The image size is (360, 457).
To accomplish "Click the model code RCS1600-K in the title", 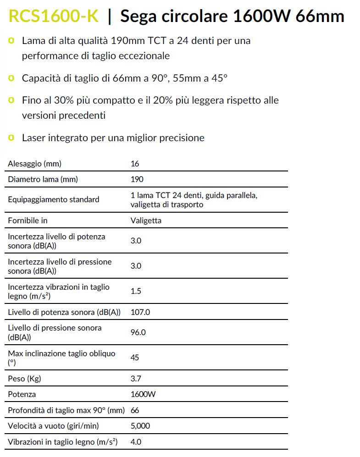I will [x=53, y=17].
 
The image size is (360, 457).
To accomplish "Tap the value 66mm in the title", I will [x=320, y=17].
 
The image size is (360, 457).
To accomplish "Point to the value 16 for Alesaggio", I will [x=134, y=164].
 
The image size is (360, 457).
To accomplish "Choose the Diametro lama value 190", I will [x=137, y=179].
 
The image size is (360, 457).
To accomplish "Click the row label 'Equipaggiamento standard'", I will [x=53, y=200].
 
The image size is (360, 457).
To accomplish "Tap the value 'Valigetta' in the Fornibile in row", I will [x=146, y=220].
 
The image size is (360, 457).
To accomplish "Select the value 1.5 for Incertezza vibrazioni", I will [x=136, y=291].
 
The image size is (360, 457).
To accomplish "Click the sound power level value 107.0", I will [x=140, y=312].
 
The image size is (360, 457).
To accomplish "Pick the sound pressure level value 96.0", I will [x=138, y=332].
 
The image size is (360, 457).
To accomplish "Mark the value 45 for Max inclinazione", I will [x=135, y=358].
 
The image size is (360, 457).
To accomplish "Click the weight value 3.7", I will [x=136, y=379].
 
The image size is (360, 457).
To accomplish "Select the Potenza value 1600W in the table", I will [x=143, y=394].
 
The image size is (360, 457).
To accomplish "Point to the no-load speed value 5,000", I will [x=140, y=426].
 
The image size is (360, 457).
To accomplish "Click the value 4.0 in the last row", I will [x=136, y=442].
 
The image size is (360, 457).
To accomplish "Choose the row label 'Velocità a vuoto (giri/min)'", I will [x=53, y=426].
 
